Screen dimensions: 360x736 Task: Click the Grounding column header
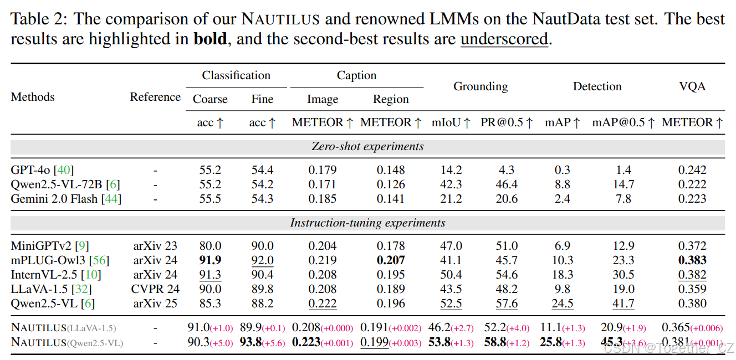(x=480, y=87)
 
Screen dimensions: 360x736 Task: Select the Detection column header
(x=597, y=87)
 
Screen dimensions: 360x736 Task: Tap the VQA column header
(x=692, y=87)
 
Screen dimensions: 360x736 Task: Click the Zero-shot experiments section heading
(x=367, y=147)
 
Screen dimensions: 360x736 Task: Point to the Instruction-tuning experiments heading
(x=367, y=223)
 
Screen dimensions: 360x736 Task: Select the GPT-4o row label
(x=42, y=170)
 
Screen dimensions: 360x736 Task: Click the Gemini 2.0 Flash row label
(x=66, y=199)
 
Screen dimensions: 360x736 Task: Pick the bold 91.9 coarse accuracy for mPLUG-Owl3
(x=210, y=260)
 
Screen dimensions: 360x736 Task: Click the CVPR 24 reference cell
(x=155, y=289)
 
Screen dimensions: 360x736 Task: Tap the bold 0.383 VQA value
(x=692, y=260)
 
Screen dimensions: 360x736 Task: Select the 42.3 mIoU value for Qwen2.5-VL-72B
(x=451, y=184)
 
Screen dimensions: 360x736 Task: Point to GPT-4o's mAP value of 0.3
(x=562, y=170)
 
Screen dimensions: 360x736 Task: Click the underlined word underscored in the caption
(x=504, y=40)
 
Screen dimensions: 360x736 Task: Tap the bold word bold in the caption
(x=210, y=40)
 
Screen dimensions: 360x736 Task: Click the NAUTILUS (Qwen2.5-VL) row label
(x=67, y=343)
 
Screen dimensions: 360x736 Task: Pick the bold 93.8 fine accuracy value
(x=251, y=342)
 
